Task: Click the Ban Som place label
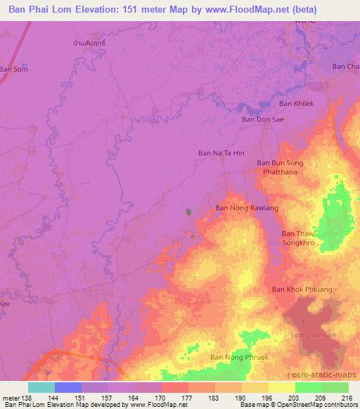pyautogui.click(x=13, y=69)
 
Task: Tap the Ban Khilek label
pyautogui.click(x=295, y=103)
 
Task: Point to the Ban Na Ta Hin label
pyautogui.click(x=221, y=152)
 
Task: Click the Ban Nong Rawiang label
pyautogui.click(x=247, y=208)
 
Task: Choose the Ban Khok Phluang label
pyautogui.click(x=302, y=290)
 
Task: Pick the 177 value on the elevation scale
pyautogui.click(x=187, y=397)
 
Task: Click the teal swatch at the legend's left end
pyautogui.click(x=41, y=387)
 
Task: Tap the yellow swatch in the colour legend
pyautogui.click(x=282, y=387)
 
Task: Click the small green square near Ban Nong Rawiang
pyautogui.click(x=188, y=211)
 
